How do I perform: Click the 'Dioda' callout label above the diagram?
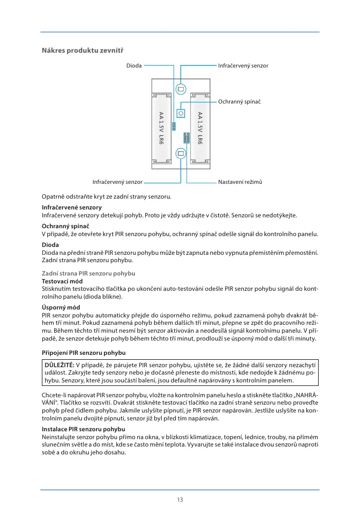coord(134,66)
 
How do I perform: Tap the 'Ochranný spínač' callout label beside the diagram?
coord(239,102)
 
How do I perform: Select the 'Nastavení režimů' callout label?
coord(240,182)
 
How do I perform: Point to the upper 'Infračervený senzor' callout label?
coord(243,66)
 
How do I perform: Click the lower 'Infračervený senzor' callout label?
coord(117,182)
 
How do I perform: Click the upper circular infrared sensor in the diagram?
coord(181,89)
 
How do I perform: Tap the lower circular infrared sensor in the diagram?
coord(181,153)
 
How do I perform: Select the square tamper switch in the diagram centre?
coord(181,113)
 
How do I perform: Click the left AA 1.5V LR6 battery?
coord(161,128)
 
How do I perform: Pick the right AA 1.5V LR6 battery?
coord(200,128)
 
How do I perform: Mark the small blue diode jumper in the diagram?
coord(174,127)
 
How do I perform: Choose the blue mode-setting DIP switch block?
coord(187,138)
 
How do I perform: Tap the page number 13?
coord(180,500)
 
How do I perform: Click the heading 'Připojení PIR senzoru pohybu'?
coord(83,353)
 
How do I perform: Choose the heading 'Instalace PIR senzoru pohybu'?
coord(83,430)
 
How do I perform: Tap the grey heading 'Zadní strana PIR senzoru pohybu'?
coord(88,273)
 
